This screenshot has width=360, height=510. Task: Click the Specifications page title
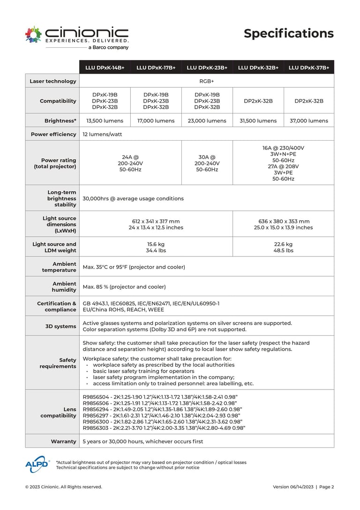[x=288, y=33]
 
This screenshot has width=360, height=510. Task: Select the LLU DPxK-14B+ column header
[x=105, y=67]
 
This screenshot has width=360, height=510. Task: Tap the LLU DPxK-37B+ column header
[x=308, y=67]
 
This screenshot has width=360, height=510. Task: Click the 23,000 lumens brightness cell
[x=207, y=120]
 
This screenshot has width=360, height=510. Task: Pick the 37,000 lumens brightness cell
[x=308, y=120]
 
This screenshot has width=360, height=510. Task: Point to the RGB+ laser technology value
[x=207, y=81]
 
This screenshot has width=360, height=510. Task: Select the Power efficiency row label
[x=53, y=134]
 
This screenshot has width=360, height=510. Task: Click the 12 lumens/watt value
[x=102, y=134]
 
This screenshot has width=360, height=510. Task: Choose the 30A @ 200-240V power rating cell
[x=207, y=163]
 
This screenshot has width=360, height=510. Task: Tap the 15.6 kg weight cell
[x=156, y=247]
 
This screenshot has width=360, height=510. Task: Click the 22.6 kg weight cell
[x=283, y=247]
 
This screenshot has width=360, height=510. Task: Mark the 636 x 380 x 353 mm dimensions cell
[x=283, y=224]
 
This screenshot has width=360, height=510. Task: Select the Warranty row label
[x=63, y=442]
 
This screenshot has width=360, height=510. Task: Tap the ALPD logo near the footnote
[x=37, y=464]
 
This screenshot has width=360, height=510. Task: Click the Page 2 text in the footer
[x=327, y=487]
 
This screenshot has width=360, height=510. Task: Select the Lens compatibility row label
[x=58, y=412]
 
